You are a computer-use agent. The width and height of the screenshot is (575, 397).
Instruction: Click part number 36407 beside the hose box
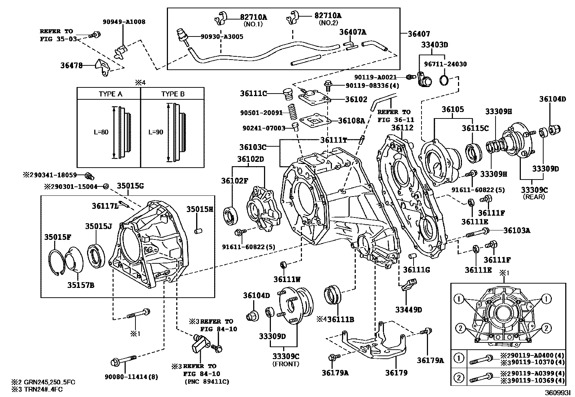pos(419,34)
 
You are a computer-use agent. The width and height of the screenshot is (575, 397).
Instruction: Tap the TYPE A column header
pos(110,94)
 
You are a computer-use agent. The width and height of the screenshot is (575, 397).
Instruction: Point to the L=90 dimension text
pos(156,132)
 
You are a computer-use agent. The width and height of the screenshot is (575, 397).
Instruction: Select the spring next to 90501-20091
pos(293,112)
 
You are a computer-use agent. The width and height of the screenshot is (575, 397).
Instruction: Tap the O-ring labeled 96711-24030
pos(445,80)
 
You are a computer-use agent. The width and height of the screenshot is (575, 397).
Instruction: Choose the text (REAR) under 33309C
pos(534,197)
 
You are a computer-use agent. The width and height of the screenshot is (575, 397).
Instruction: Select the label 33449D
pos(408,310)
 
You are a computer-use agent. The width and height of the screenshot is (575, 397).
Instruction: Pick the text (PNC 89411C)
pos(207,381)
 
